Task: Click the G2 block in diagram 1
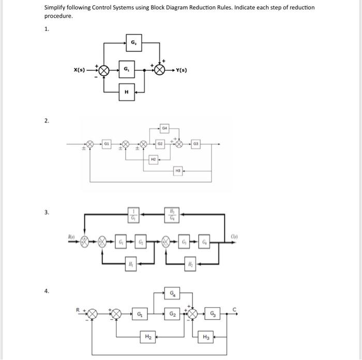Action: coord(133,42)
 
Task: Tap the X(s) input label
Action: coord(79,70)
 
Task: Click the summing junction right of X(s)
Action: coord(104,70)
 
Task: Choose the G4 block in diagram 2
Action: coord(165,127)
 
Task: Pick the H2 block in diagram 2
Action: coord(153,160)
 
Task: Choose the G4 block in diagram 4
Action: coord(172,294)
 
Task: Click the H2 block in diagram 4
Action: coord(148,336)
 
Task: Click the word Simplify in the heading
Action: coord(55,8)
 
